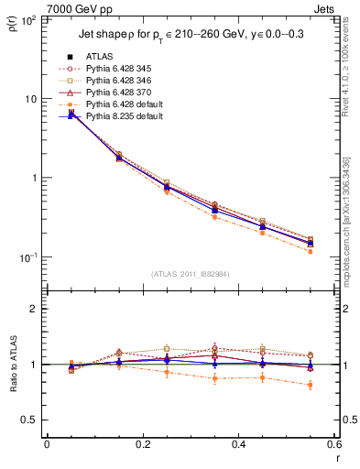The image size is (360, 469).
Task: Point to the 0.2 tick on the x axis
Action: tap(143, 445)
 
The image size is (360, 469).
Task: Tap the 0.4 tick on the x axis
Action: tap(239, 445)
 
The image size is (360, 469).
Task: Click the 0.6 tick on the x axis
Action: tap(334, 445)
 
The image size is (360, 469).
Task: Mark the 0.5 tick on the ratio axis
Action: tap(34, 420)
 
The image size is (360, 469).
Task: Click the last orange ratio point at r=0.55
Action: tap(311, 385)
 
